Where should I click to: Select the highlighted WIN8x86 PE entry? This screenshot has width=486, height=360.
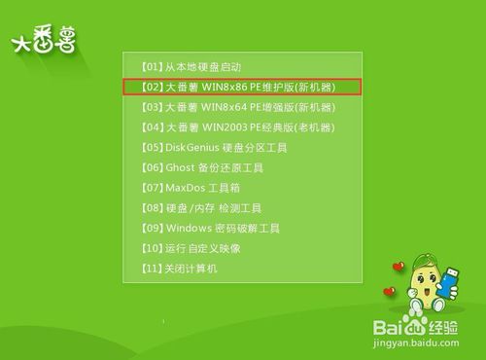(242, 87)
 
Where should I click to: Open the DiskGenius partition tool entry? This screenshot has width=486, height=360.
(215, 147)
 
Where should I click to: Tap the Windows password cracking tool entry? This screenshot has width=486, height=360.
(210, 228)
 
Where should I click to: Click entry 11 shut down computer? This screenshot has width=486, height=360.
(179, 268)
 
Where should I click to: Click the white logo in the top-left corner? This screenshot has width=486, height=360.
(43, 42)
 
